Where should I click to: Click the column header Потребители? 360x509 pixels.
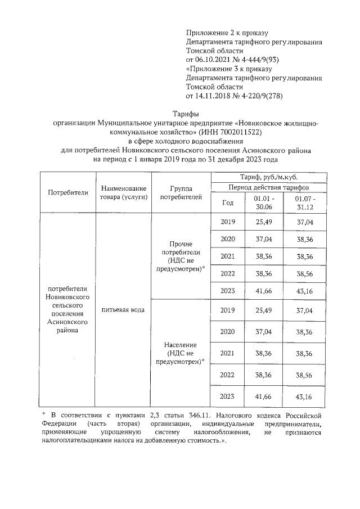pos(68,192)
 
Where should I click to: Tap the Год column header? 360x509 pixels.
pos(228,202)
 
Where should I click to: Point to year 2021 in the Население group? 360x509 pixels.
pos(228,354)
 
